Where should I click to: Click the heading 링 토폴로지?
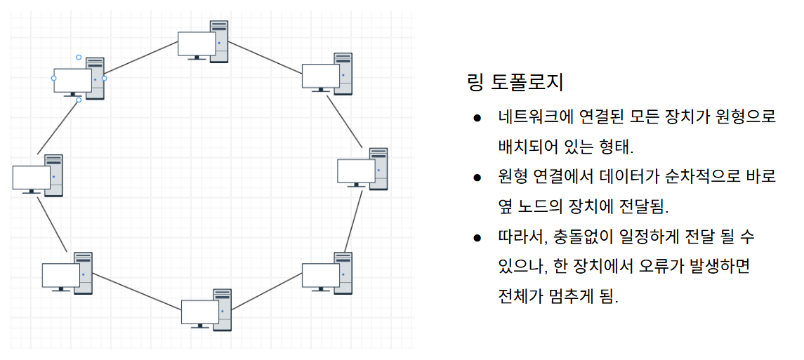(x=515, y=84)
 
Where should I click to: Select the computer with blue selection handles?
(x=79, y=79)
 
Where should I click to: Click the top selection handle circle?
(x=79, y=57)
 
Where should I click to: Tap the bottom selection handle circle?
(x=79, y=100)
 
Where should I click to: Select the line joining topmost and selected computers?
(x=141, y=57)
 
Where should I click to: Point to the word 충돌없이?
(x=587, y=236)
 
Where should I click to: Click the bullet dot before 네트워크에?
(x=477, y=118)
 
